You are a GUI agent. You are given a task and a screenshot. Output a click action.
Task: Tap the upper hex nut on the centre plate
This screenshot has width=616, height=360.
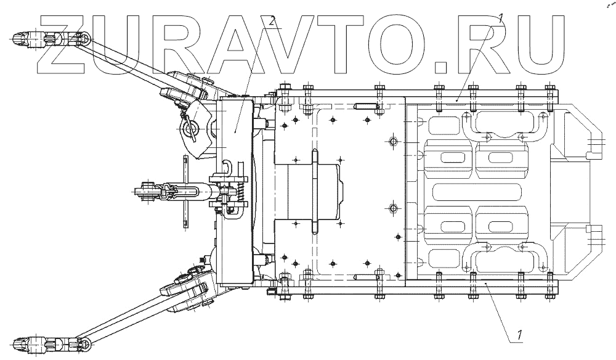tap(392, 142)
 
